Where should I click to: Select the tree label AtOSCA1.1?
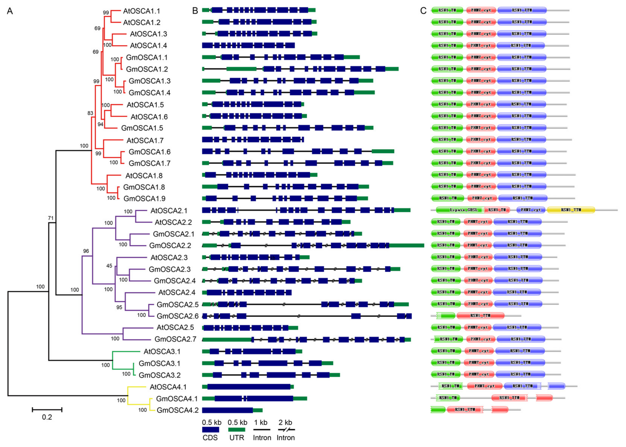tap(141, 11)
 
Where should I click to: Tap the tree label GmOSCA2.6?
tap(177, 316)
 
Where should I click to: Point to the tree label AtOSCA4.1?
tap(168, 387)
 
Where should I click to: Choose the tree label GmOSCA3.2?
tap(160, 375)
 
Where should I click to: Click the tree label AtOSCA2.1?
tap(169, 211)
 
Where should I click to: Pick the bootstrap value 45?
tap(109, 266)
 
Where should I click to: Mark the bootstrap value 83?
tap(90, 113)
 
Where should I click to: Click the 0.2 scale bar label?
tap(47, 417)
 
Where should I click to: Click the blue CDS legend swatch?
tap(210, 430)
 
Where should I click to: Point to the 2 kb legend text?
tap(285, 422)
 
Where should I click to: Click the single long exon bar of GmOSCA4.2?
tap(227, 410)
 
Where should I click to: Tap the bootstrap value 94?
tap(100, 124)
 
